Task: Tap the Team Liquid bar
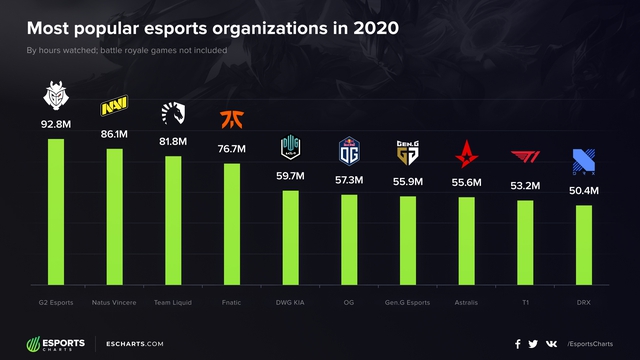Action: (173, 221)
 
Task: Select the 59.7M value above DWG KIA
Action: (290, 176)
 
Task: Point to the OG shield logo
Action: (349, 150)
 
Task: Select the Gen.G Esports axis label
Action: (407, 301)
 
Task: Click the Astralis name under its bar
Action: (466, 301)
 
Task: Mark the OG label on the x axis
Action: (349, 301)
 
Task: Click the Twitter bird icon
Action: (533, 344)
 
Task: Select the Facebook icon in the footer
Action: (517, 344)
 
